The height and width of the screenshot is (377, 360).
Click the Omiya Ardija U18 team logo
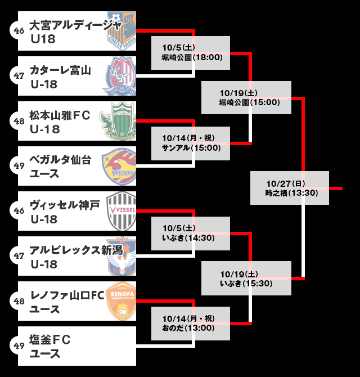pos(121,30)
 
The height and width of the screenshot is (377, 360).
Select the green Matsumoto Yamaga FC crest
pos(119,121)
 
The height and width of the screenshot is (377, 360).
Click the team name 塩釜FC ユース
pos(51,346)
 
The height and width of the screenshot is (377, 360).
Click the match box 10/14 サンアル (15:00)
pos(191,143)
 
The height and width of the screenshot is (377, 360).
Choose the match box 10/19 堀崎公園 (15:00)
pos(246,98)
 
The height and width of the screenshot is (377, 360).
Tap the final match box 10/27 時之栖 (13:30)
pos(290,188)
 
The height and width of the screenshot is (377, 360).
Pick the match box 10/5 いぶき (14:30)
pos(191,233)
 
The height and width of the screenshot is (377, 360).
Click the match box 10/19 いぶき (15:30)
pos(246,278)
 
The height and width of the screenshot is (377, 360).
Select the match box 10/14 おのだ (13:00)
pos(191,323)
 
